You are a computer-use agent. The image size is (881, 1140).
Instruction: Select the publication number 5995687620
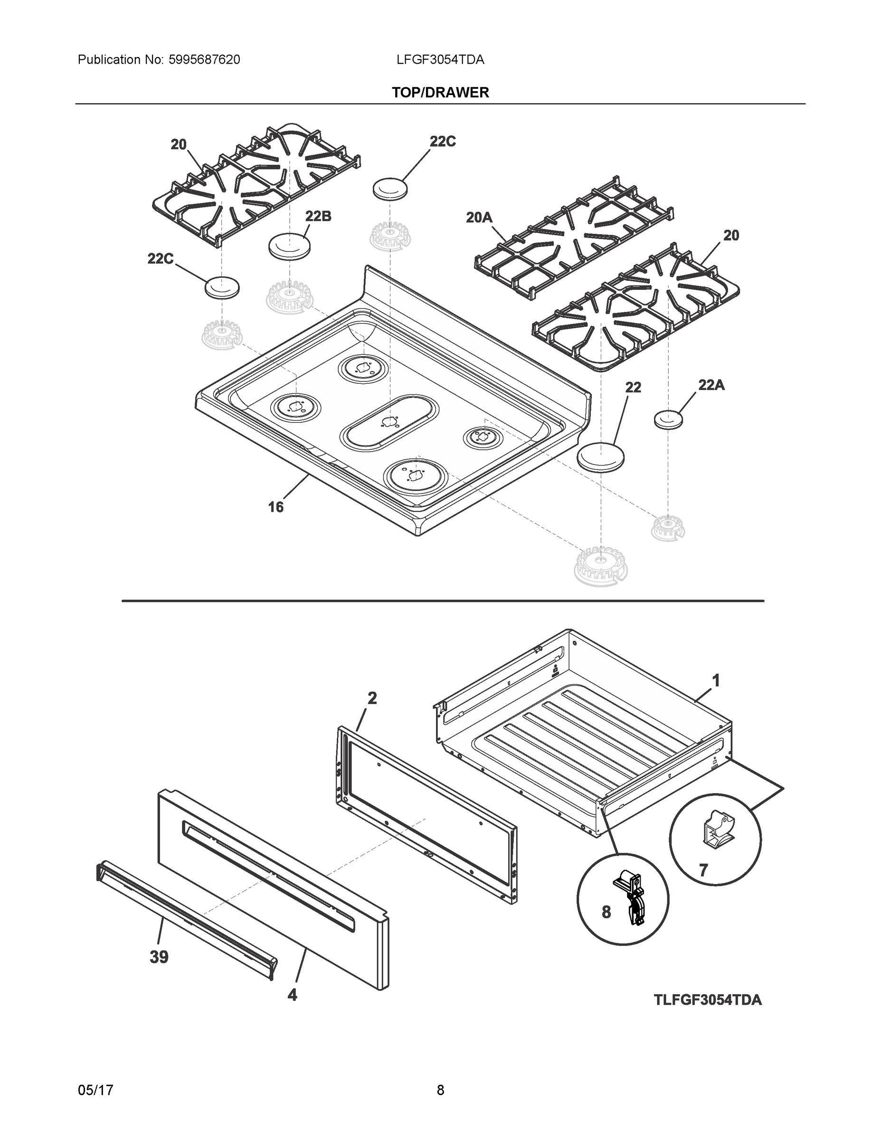pyautogui.click(x=204, y=60)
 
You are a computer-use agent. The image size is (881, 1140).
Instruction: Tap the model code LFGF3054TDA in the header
pyautogui.click(x=440, y=60)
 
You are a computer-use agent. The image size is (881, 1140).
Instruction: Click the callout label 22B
pyautogui.click(x=318, y=216)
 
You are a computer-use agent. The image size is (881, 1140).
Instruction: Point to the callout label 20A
pyautogui.click(x=479, y=218)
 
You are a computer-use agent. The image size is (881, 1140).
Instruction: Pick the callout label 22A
pyautogui.click(x=711, y=385)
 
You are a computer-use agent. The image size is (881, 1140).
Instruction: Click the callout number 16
pyautogui.click(x=275, y=507)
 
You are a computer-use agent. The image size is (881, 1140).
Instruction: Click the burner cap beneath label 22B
pyautogui.click(x=289, y=245)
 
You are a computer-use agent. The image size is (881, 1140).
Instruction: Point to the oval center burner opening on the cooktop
pyautogui.click(x=388, y=421)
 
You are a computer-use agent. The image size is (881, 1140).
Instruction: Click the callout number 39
pyautogui.click(x=159, y=957)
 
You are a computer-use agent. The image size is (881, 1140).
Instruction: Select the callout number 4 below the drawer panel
pyautogui.click(x=292, y=995)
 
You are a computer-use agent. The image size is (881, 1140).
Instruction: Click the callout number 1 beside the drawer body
pyautogui.click(x=716, y=681)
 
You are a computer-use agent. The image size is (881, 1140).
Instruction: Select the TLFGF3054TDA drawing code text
pyautogui.click(x=707, y=1000)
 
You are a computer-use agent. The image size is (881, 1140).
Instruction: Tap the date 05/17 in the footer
pyautogui.click(x=95, y=1091)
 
